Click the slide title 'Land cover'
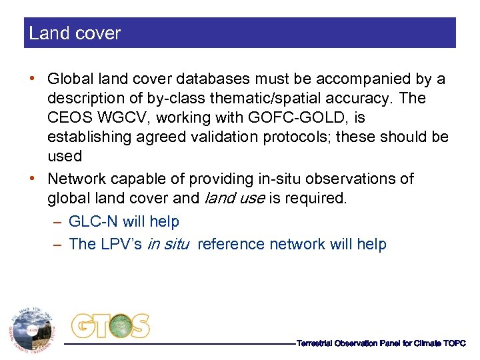(75, 33)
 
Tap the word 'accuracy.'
(369, 99)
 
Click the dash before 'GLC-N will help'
(57, 222)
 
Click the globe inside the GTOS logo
(120, 326)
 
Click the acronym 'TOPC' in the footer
(455, 343)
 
